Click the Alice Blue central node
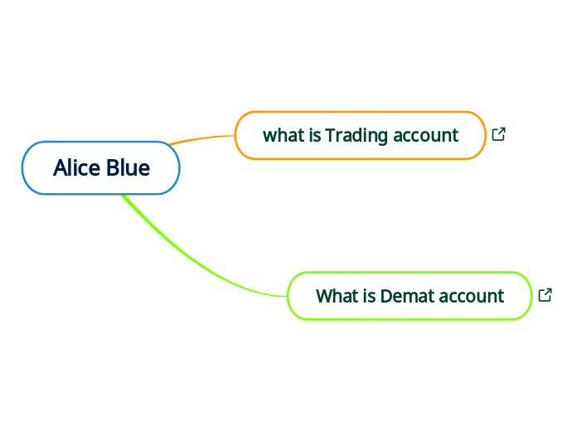pos(100,168)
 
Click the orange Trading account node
pos(360,135)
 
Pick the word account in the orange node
pos(426,135)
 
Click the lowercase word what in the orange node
pos(283,135)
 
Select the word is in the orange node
pos(314,135)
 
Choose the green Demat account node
pos(410,296)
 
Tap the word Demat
pos(406,296)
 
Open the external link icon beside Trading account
pos(499,134)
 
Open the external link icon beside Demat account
pos(545,295)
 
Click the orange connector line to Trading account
pos(203,138)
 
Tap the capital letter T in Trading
pos(330,135)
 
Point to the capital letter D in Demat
pos(386,296)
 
